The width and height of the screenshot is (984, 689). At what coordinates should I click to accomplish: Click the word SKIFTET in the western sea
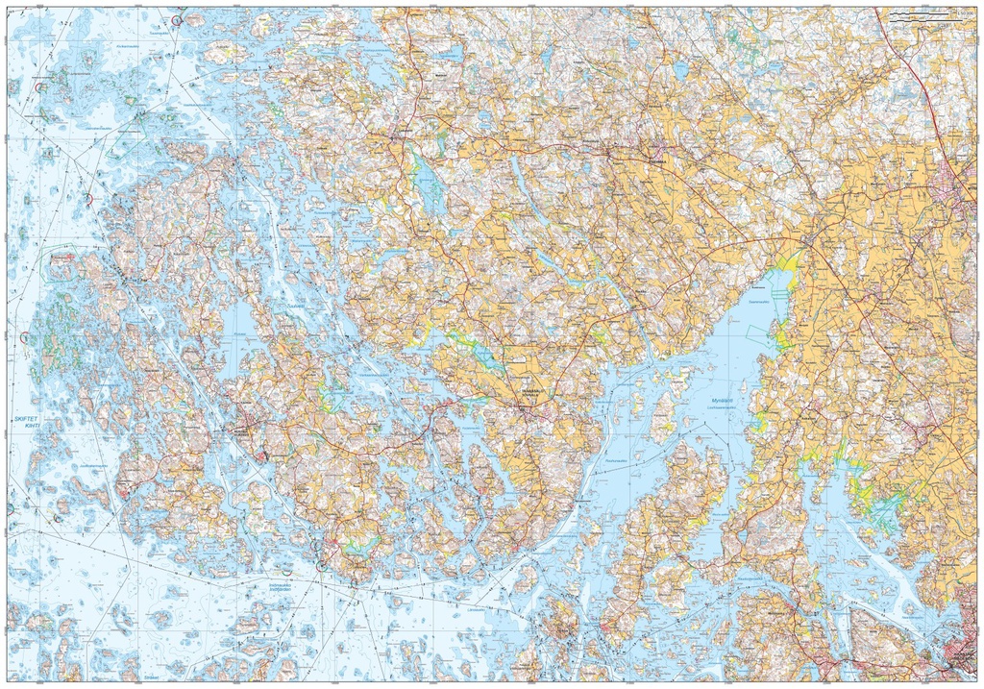click(27, 420)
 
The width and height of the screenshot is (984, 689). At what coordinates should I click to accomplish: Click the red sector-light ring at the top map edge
click(176, 19)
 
